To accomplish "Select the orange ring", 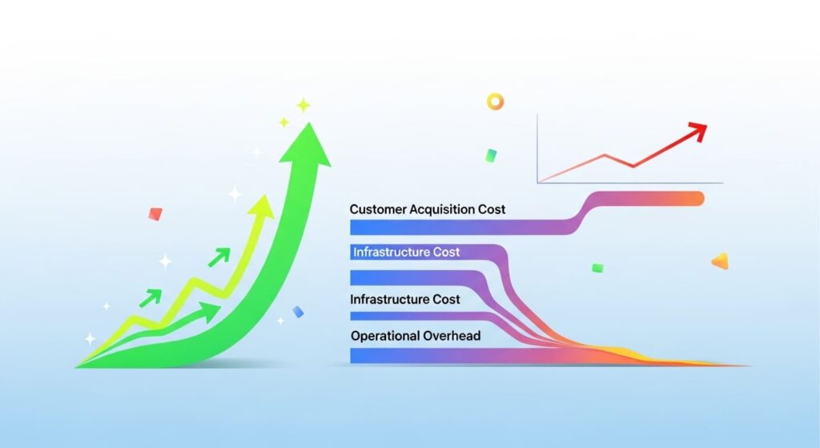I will click(x=496, y=102).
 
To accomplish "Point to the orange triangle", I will click(x=720, y=260).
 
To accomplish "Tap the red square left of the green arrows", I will click(x=155, y=214).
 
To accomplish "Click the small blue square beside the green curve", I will click(x=298, y=312).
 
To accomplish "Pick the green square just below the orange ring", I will click(x=491, y=155).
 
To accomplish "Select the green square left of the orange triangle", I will click(x=597, y=268).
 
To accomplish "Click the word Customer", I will click(x=378, y=209).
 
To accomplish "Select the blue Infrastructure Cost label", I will click(x=406, y=252).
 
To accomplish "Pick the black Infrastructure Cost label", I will click(x=405, y=299).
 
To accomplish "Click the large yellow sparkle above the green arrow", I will click(x=303, y=105).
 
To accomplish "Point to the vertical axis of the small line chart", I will click(x=537, y=148).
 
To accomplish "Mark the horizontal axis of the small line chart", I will click(x=629, y=183).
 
